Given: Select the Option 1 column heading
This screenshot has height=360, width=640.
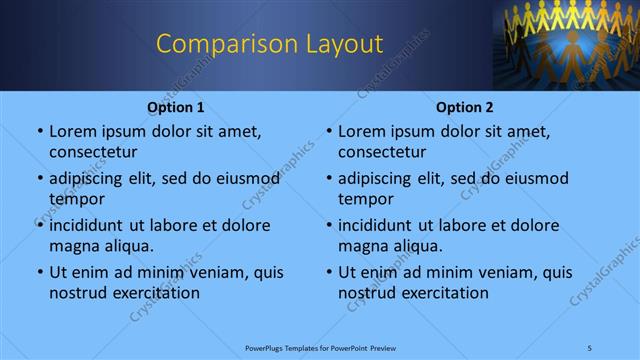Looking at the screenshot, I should tap(176, 107).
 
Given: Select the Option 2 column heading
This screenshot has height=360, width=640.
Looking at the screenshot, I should tap(465, 107).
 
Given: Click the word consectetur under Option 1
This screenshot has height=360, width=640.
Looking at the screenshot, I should tap(93, 152).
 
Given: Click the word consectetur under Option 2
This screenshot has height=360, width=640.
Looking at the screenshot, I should tap(382, 152).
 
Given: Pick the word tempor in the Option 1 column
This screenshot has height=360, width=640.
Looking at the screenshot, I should tap(75, 199).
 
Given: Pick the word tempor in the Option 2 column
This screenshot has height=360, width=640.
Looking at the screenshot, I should tap(364, 199).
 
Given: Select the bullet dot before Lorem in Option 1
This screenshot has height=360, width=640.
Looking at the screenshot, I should tap(39, 132).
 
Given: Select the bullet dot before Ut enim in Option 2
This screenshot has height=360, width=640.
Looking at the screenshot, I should tap(328, 273).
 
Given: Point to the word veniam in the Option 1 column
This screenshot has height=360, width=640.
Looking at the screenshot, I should tap(206, 272).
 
